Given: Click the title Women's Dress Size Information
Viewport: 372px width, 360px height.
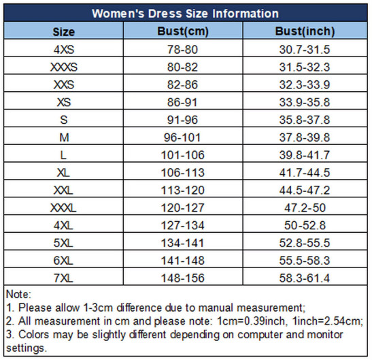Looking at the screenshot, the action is coord(185,14).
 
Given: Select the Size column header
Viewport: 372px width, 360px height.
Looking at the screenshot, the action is coord(63,32).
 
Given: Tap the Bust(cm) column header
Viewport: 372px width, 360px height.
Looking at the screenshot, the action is coord(183,31).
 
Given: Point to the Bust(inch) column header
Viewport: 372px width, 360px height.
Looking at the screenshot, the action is coord(305,31).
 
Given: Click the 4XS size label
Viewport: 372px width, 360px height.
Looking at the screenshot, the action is coord(64,50).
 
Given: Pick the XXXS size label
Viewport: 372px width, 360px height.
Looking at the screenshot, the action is coord(64,67).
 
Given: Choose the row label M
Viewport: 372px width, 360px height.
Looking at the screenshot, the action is coord(64,137).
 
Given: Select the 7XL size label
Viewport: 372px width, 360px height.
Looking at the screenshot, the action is coord(63,278).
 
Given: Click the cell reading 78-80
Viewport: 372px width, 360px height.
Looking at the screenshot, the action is coord(182,50).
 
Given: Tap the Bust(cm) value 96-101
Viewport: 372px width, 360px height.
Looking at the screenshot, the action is coord(182,137).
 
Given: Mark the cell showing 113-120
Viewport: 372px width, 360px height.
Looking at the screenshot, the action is coord(183,191).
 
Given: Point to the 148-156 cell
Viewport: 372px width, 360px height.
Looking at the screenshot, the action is coord(183,278).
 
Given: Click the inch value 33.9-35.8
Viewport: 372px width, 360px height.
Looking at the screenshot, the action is coord(305,102).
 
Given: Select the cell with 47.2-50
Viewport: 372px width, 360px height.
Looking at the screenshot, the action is coord(305,208).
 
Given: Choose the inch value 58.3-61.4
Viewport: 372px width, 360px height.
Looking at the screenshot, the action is coord(305,278).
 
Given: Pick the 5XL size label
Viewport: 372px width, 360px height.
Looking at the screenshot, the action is coord(63,243).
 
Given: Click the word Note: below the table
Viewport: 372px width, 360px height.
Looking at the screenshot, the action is coord(18,294).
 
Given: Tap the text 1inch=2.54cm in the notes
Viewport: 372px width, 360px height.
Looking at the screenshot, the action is coord(328,321).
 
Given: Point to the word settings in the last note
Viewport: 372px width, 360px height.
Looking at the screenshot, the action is coord(25,348).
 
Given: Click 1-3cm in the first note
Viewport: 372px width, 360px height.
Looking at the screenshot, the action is coord(98,308).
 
